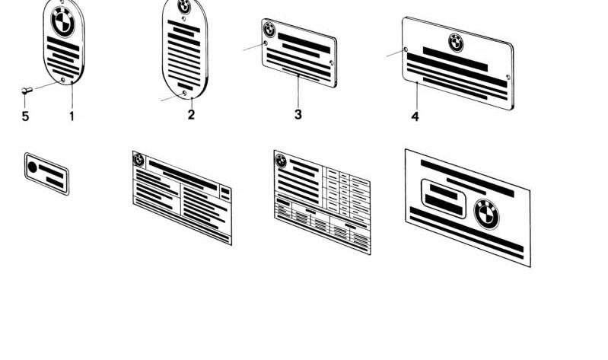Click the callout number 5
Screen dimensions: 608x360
25,116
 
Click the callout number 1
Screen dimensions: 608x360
72,116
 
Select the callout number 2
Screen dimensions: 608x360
191,114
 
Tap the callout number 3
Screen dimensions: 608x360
298,114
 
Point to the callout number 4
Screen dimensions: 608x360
415,116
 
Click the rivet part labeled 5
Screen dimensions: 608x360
27,91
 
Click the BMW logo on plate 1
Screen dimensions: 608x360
63,22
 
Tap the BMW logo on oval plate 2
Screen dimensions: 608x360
184,6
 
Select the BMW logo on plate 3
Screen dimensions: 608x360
269,30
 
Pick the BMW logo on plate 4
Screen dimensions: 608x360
456,43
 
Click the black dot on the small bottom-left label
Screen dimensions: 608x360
33,167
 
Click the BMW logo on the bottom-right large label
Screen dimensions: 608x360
487,214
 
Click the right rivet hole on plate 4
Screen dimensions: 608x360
508,77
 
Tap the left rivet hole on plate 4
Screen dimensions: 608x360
406,49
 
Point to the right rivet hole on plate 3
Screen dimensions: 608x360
332,62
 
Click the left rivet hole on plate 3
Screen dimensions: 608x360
266,43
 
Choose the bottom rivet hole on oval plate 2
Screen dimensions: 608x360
185,93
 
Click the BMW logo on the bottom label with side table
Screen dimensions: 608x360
281,161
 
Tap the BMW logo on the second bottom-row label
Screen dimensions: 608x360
138,159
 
